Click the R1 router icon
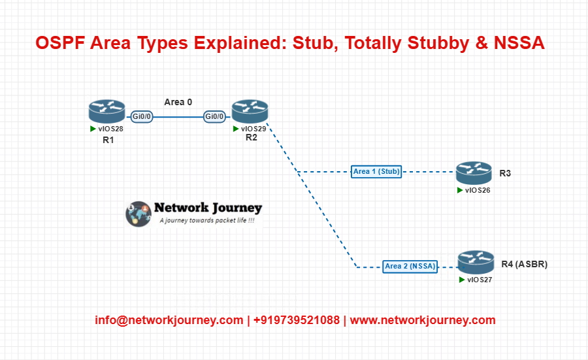coord(107,111)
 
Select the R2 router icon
coord(250,111)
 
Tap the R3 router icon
coord(474,173)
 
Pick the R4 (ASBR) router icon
coord(476,262)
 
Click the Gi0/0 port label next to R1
coord(141,117)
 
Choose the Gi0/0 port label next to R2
coord(214,117)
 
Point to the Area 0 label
coord(178,102)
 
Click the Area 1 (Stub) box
coord(376,171)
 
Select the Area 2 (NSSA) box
coord(410,267)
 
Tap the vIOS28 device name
coord(110,129)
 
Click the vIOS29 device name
coord(253,129)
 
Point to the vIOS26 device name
coord(478,191)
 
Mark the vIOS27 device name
coord(480,280)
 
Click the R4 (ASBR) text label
coord(524,265)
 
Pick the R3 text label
coord(505,173)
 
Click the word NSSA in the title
coord(519,42)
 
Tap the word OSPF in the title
coord(60,42)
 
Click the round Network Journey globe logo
coord(139,214)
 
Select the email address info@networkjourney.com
coord(169,320)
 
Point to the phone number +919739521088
coord(296,320)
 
